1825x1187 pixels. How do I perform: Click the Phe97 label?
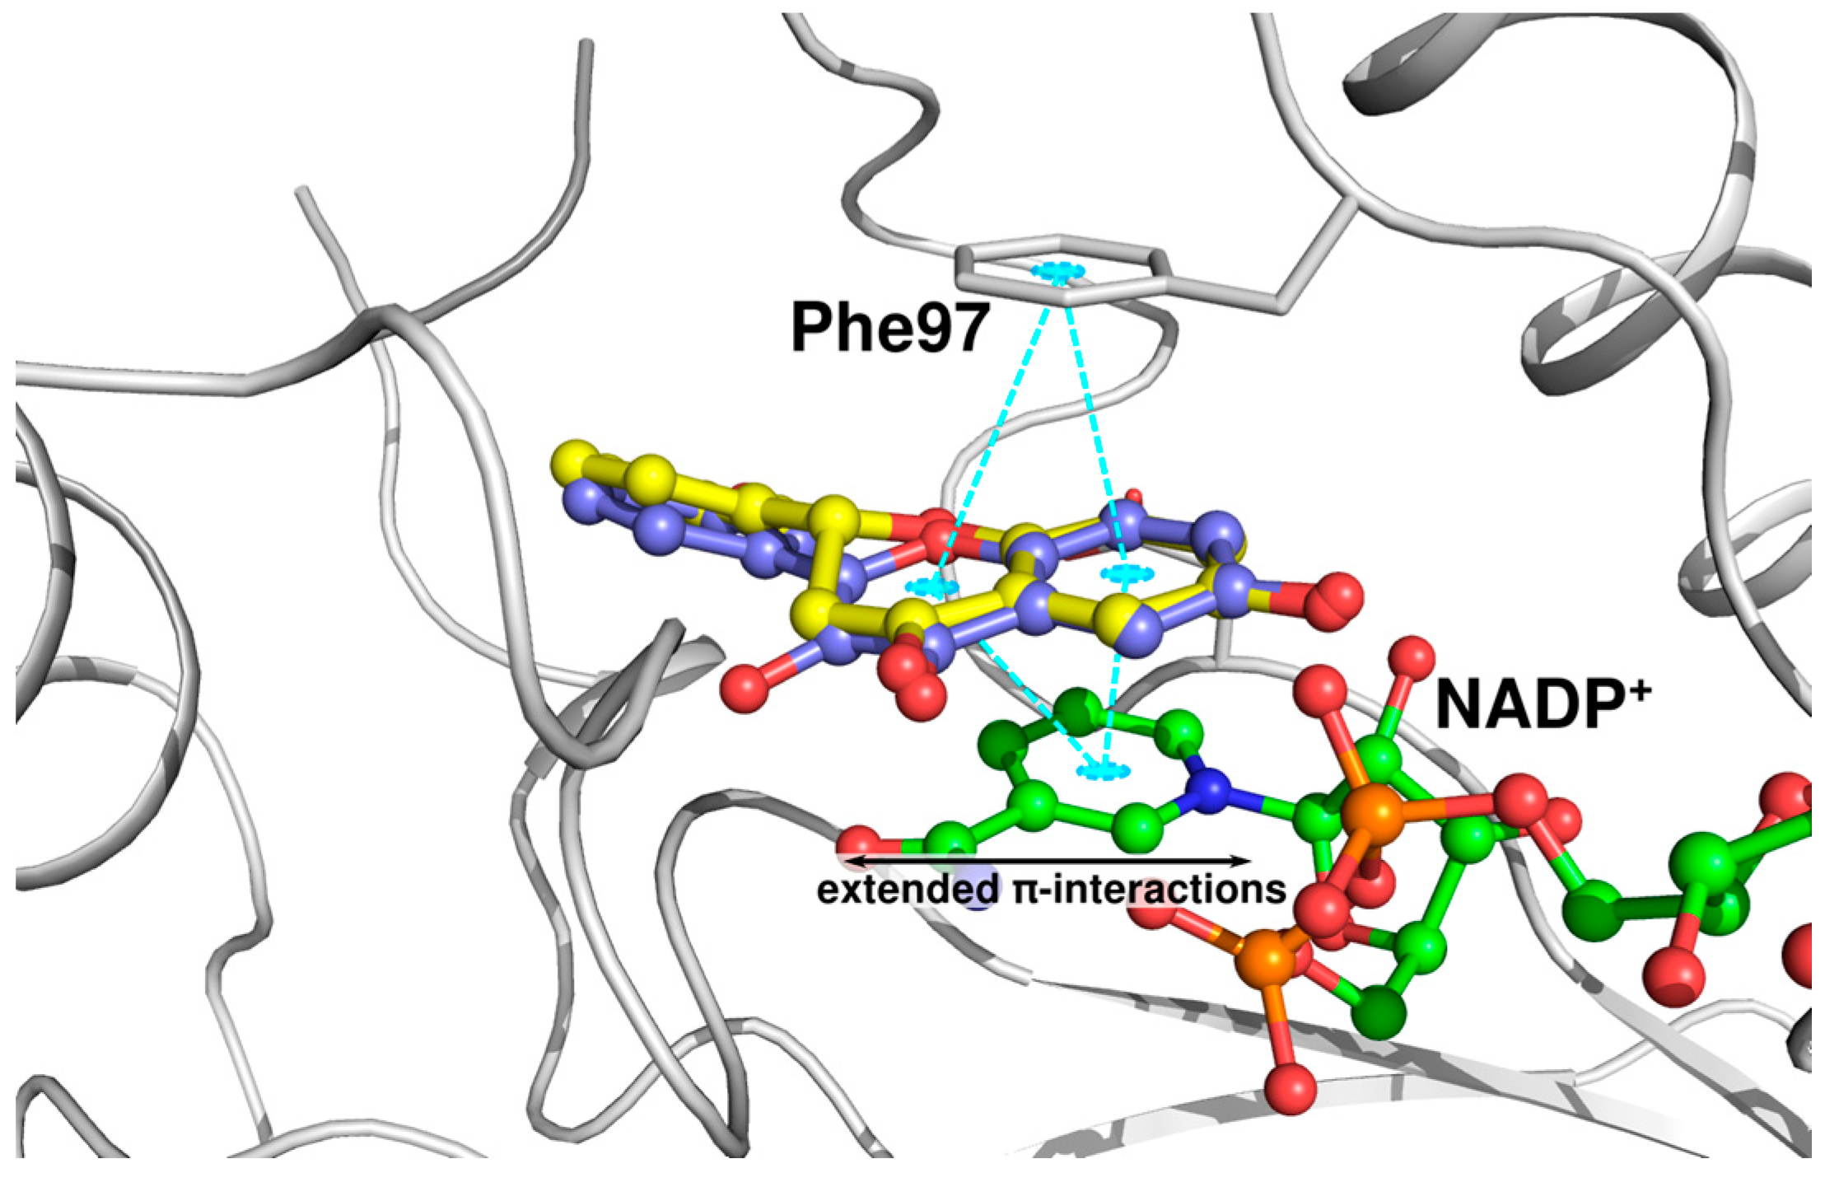[x=889, y=328]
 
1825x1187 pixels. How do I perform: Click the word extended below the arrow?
[x=907, y=890]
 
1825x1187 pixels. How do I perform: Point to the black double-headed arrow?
[x=1046, y=861]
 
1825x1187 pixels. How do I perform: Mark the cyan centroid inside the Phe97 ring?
[x=1058, y=271]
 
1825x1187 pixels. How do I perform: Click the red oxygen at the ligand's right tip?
[x=1332, y=601]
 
